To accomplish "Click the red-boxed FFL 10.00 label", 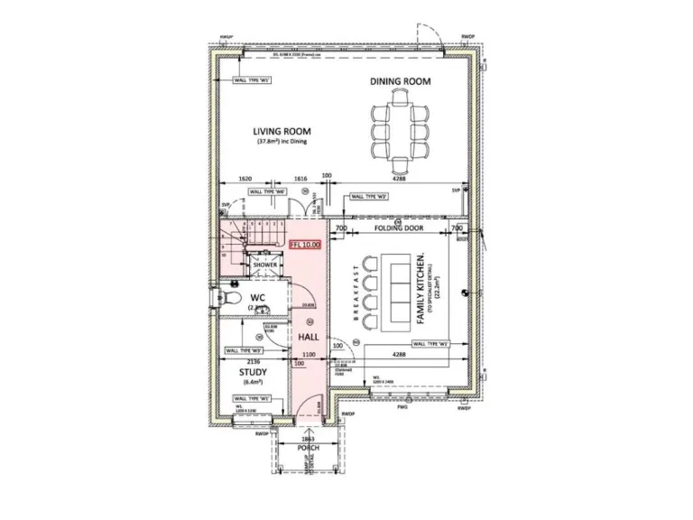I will point(305,244).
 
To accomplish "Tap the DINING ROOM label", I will point(400,81).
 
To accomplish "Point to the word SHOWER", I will point(264,265).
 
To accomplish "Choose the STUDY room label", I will point(252,370).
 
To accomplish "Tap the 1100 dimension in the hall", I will point(309,354).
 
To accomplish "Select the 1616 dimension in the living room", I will point(300,179).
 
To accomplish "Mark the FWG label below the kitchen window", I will point(402,408).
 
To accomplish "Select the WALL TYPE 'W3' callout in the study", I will point(244,349).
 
